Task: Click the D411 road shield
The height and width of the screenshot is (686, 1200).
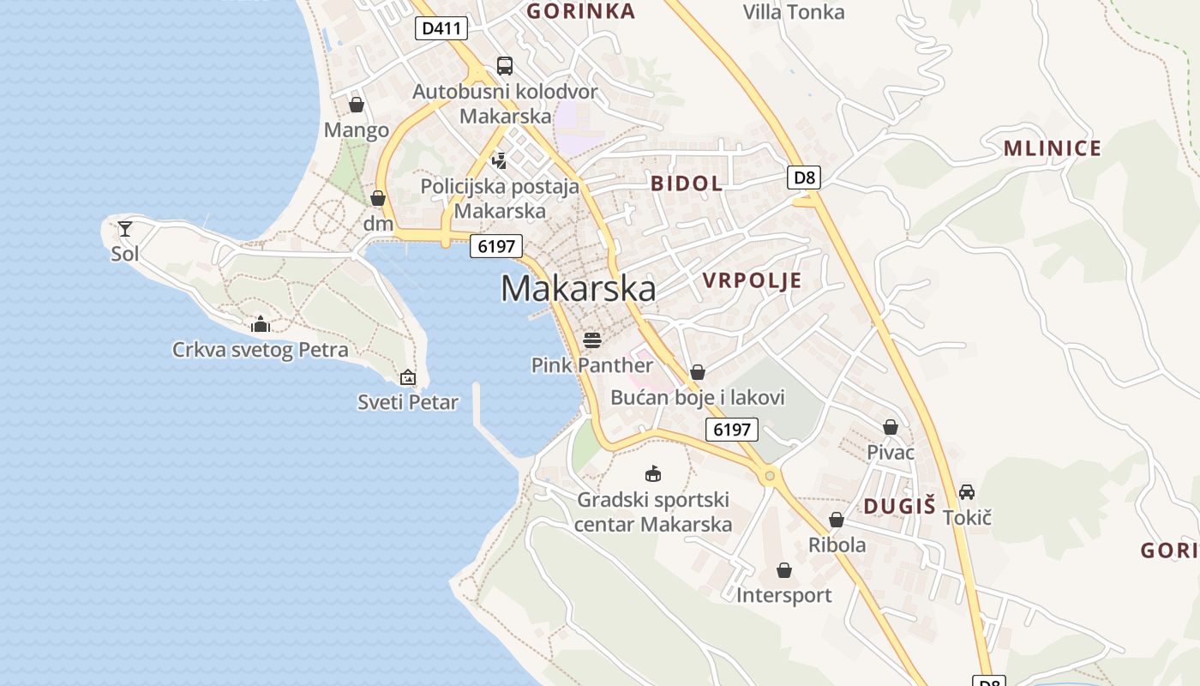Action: tap(442, 28)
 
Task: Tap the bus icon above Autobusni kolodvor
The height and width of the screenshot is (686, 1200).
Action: tap(505, 66)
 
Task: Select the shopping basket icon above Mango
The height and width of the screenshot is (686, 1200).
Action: tap(357, 105)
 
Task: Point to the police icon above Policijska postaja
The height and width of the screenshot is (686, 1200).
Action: tap(500, 159)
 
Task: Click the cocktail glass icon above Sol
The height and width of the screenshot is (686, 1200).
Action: tap(125, 228)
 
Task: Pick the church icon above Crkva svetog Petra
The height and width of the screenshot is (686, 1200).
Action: tap(261, 324)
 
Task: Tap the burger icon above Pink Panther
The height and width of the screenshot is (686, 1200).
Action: tap(592, 340)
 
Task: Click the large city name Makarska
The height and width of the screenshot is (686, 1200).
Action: tap(579, 289)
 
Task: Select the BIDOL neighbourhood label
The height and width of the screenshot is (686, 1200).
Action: tap(687, 183)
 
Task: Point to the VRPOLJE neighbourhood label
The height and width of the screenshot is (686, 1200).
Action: tap(753, 280)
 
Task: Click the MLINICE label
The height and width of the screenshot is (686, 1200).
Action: tap(1053, 148)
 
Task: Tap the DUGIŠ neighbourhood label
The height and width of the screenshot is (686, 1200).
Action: tap(899, 506)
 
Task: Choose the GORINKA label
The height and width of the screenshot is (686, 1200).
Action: tap(581, 11)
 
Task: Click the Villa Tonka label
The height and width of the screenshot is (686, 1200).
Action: tap(794, 12)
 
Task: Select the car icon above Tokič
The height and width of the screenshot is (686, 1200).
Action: tap(967, 492)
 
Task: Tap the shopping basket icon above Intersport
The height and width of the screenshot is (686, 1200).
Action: tap(784, 570)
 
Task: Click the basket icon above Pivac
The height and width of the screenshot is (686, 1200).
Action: tap(891, 427)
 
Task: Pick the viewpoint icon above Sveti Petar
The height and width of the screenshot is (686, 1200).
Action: tap(408, 377)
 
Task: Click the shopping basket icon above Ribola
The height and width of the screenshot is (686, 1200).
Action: tap(837, 520)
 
